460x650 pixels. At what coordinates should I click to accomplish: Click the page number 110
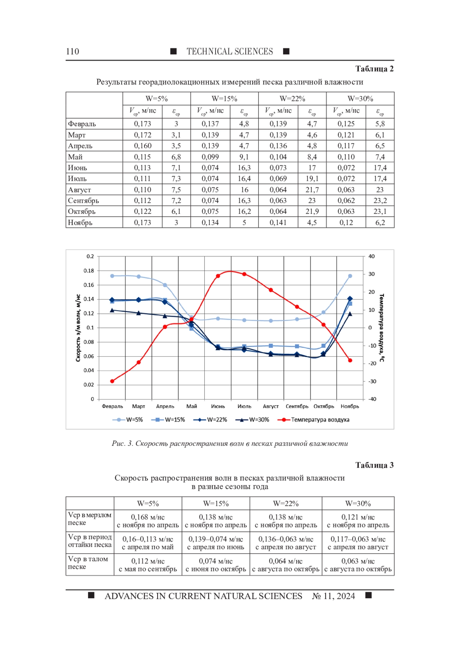point(72,52)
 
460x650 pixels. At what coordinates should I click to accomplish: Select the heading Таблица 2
point(374,69)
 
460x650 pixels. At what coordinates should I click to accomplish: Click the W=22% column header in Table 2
point(292,99)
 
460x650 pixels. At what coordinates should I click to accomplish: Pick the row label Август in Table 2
point(80,190)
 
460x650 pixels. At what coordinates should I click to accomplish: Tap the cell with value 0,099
point(210,157)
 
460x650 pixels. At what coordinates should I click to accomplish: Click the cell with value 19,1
point(312,179)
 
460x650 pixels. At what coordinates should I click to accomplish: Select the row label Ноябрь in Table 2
point(80,223)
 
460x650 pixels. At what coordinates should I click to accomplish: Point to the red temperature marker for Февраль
point(112,381)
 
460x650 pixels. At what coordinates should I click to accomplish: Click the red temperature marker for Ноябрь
point(350,360)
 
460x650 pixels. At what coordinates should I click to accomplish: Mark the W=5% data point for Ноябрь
point(350,276)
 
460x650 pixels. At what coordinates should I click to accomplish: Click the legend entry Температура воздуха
point(320,420)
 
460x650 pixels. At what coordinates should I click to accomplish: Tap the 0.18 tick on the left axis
point(89,271)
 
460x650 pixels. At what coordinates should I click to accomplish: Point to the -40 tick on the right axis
point(372,399)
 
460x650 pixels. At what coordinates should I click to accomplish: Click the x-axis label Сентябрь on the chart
point(297,406)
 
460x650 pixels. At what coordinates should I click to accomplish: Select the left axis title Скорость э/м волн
point(78,328)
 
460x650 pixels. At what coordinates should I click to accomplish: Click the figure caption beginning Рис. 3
point(230,444)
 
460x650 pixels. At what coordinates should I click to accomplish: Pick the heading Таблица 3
point(374,465)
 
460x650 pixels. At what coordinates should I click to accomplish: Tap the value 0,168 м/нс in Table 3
point(148,517)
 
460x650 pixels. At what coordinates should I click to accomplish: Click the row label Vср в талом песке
point(88,563)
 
